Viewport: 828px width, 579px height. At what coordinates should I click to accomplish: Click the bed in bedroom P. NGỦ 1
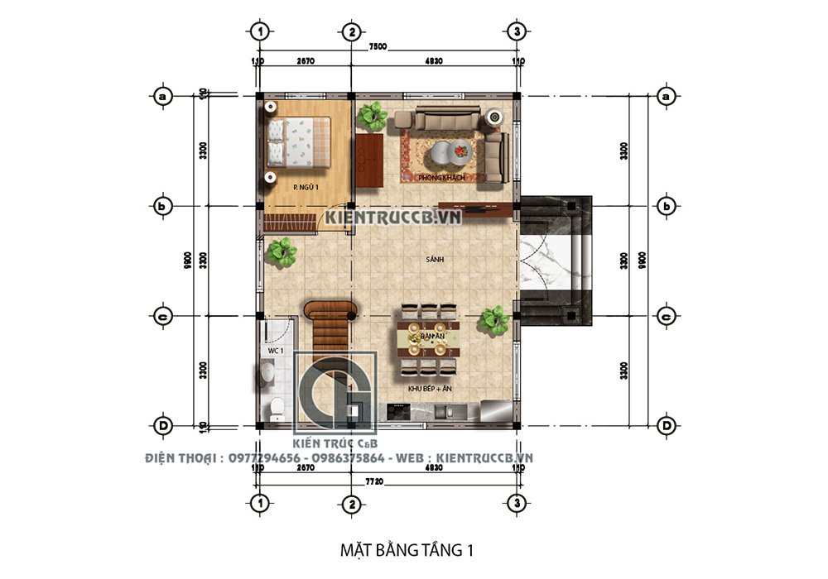(x=298, y=141)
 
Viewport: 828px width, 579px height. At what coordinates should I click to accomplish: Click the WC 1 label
(x=275, y=351)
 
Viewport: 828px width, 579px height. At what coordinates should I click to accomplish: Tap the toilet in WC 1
(x=277, y=407)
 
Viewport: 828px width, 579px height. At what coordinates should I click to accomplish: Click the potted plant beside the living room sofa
(x=373, y=116)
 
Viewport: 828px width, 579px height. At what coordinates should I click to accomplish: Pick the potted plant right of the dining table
(x=494, y=320)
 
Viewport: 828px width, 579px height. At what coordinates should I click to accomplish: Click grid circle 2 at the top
(x=351, y=31)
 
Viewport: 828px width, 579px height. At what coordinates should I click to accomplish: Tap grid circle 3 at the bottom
(x=517, y=502)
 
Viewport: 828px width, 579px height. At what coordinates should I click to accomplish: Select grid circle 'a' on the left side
(x=163, y=97)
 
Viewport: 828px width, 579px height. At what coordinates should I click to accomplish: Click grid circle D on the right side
(x=665, y=425)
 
